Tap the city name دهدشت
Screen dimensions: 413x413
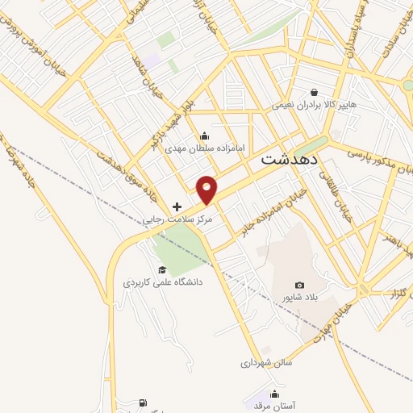coord(291,160)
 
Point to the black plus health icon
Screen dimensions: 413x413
coord(177,207)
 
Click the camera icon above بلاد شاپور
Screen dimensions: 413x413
coord(300,285)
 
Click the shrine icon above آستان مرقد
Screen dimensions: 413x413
coord(274,394)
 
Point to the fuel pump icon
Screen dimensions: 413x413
coord(143,403)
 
